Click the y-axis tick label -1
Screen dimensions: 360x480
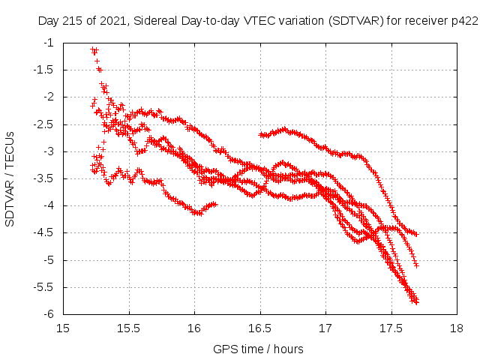click(49, 43)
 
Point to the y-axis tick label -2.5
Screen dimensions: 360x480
click(45, 124)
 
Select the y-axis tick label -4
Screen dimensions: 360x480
click(49, 205)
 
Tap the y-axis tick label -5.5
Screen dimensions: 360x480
click(45, 287)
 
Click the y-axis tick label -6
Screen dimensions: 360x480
click(49, 314)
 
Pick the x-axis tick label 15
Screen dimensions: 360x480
click(63, 328)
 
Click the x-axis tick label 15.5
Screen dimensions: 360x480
click(128, 328)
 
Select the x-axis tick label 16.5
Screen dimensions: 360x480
click(259, 328)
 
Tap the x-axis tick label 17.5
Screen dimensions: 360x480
click(391, 328)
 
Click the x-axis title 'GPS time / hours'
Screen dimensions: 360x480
click(259, 349)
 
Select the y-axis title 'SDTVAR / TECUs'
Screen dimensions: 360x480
click(10, 178)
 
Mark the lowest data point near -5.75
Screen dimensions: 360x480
click(415, 301)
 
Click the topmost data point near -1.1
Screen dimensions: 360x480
click(92, 49)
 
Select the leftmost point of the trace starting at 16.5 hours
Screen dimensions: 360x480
click(259, 134)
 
